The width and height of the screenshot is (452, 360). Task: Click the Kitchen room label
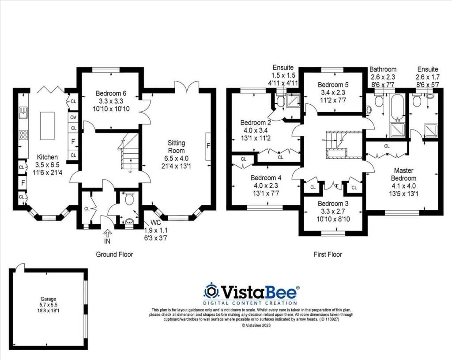[47, 157]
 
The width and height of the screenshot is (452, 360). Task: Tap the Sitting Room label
[176, 143]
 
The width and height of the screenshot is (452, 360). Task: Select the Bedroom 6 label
[111, 93]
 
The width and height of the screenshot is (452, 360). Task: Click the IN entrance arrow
[108, 235]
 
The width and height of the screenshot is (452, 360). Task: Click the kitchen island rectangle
[46, 125]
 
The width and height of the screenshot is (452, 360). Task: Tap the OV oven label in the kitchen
[73, 117]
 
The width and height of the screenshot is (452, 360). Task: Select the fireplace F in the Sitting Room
[208, 146]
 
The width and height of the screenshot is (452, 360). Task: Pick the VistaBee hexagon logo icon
[211, 292]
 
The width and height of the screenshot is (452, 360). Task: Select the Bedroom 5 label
[333, 85]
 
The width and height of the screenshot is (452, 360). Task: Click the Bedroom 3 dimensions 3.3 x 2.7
[333, 212]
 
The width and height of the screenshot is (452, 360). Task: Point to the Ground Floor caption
[114, 254]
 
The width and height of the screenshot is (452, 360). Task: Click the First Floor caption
[327, 254]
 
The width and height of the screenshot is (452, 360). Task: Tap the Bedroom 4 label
[266, 178]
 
